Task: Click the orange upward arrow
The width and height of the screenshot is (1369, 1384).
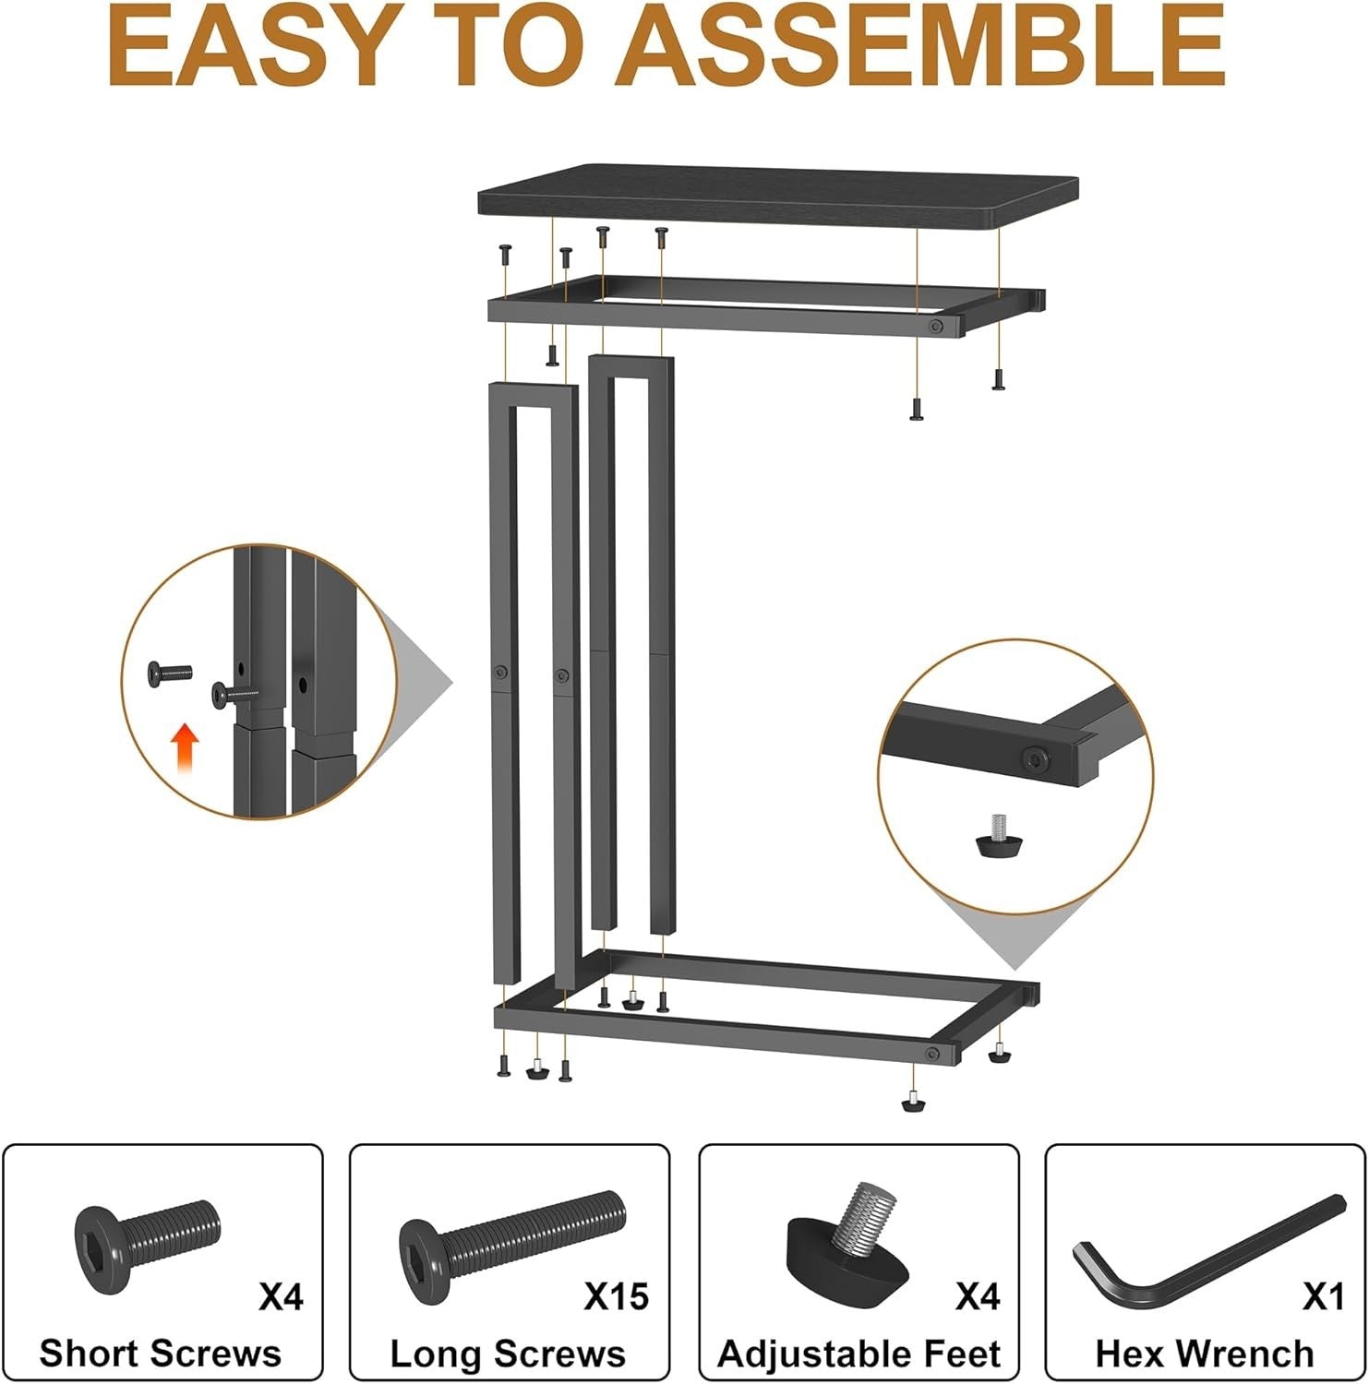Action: [x=186, y=746]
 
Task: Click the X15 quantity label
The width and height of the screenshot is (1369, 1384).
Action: [x=617, y=1297]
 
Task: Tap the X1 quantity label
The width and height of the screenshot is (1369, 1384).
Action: [x=1323, y=1297]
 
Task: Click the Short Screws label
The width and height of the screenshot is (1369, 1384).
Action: [x=161, y=1354]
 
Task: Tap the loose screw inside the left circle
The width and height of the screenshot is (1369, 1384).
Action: [x=168, y=674]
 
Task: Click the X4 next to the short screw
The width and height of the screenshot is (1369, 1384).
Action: [x=281, y=1297]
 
